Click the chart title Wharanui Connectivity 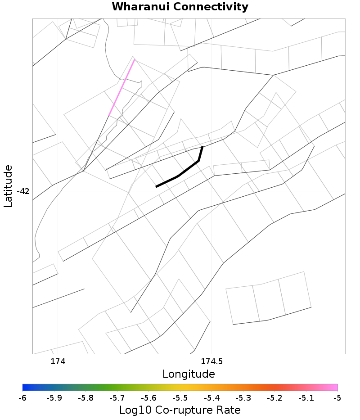point(180,7)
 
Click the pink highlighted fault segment point(122,87)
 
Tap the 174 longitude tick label point(58,361)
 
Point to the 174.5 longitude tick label point(212,361)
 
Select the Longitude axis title point(189,374)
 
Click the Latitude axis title point(8,186)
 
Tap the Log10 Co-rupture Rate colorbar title point(180,410)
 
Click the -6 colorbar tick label point(22,398)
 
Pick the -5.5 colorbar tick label point(180,398)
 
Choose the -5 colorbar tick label point(337,398)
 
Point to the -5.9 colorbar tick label point(54,398)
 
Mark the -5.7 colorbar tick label point(117,398)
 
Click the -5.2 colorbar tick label point(274,398)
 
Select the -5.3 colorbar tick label point(243,398)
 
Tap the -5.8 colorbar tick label point(85,398)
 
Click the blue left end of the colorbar point(25,387)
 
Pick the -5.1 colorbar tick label point(306,398)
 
